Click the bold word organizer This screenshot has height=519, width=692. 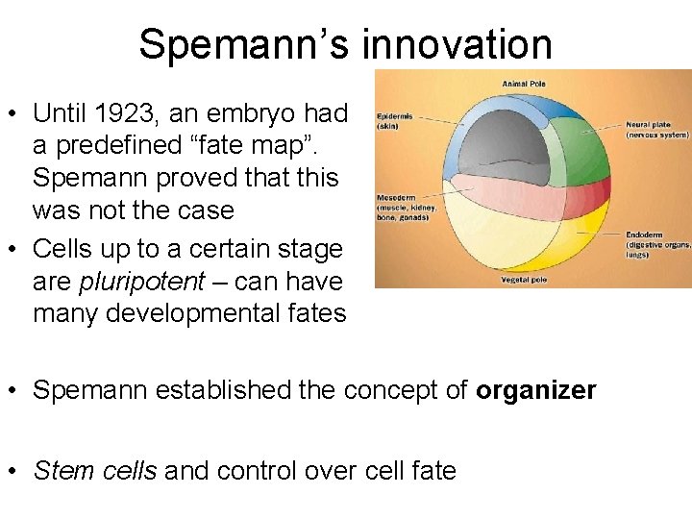(535, 390)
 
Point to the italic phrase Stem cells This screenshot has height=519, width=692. (95, 470)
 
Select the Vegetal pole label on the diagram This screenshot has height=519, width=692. (525, 280)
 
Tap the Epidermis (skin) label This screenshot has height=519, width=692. (395, 120)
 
